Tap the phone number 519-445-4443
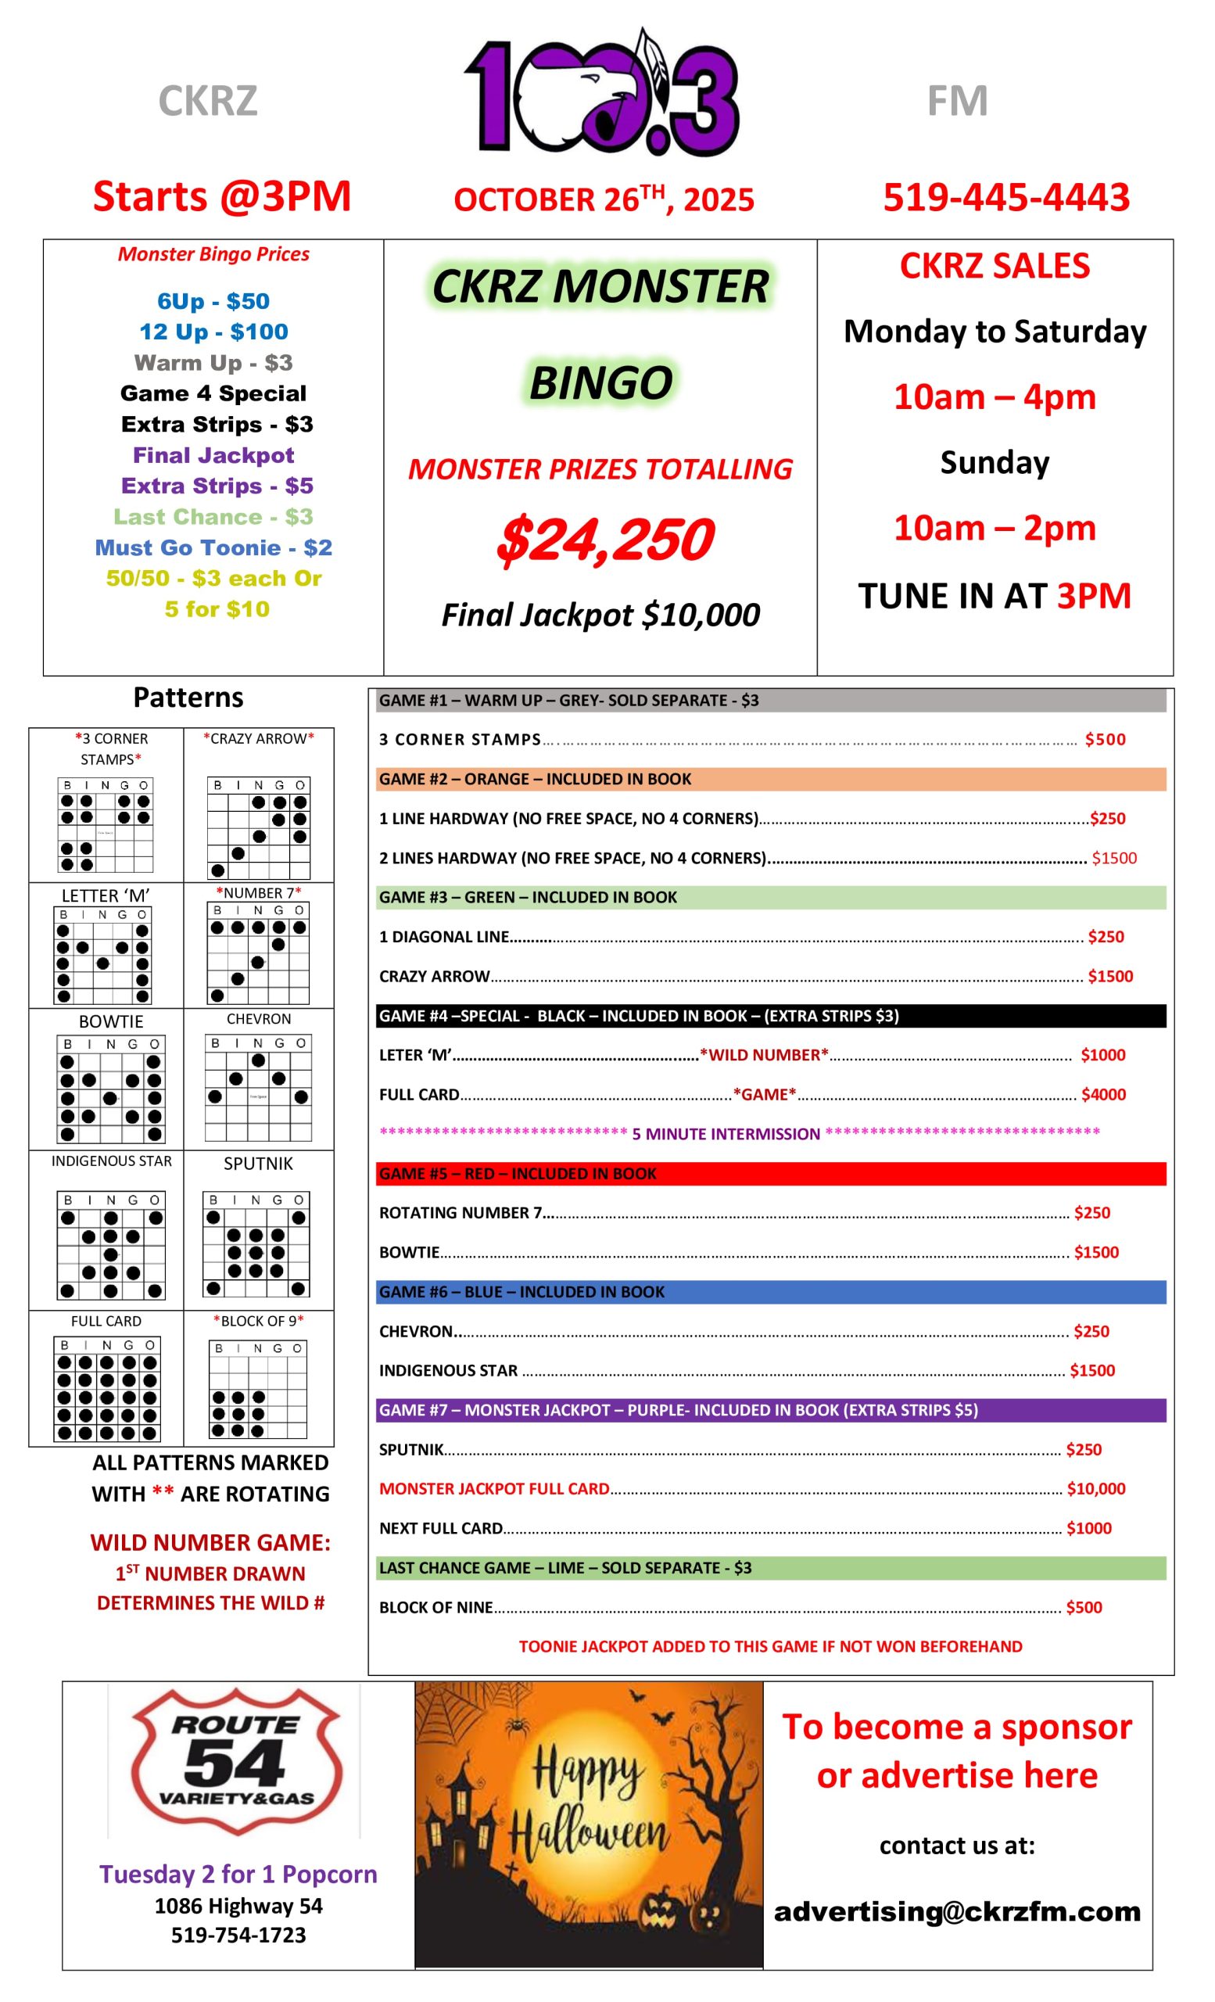[x=1005, y=197]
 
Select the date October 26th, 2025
[x=604, y=199]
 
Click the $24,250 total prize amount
[x=604, y=540]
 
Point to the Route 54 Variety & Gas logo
[x=235, y=1760]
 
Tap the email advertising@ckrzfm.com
[x=957, y=1911]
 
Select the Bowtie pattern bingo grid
[x=111, y=1088]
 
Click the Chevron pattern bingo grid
[x=258, y=1087]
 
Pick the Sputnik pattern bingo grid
[x=256, y=1244]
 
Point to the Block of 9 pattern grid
[x=258, y=1390]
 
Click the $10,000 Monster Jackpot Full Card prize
[x=1095, y=1488]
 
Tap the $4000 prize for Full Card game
[x=1103, y=1094]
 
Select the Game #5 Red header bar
[x=770, y=1173]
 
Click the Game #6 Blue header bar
[x=770, y=1292]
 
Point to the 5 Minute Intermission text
[x=726, y=1133]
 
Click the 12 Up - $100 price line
[x=213, y=332]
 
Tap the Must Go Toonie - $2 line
[x=213, y=547]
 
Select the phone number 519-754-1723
[x=238, y=1935]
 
